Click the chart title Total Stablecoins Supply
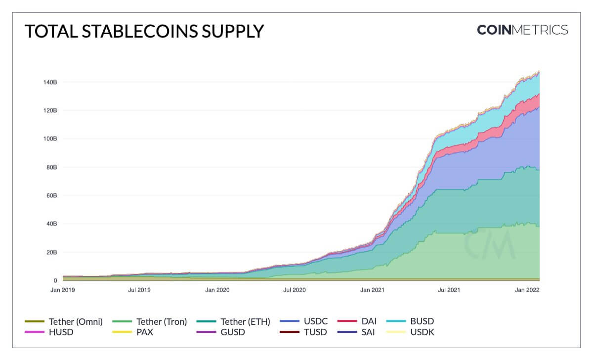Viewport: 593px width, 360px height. [144, 31]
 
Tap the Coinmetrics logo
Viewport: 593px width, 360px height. [522, 30]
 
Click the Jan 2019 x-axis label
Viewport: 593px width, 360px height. [62, 290]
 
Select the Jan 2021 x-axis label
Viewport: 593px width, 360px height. [374, 290]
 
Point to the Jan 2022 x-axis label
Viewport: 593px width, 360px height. [528, 290]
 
